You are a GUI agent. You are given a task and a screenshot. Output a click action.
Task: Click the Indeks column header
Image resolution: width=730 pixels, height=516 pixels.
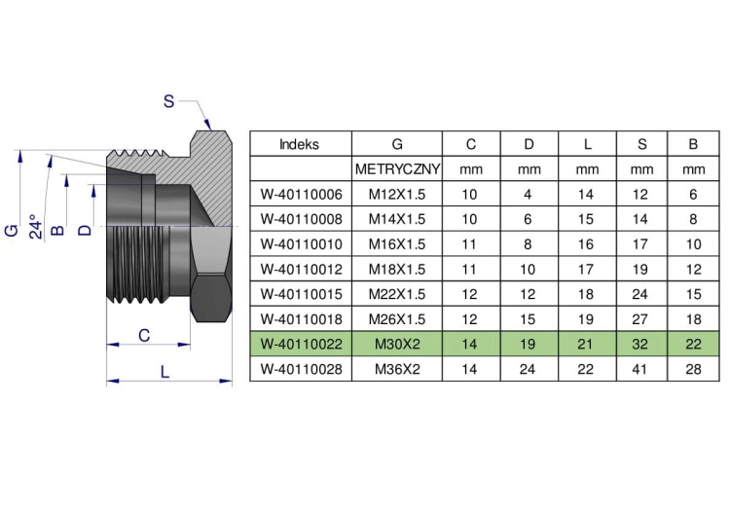point(300,144)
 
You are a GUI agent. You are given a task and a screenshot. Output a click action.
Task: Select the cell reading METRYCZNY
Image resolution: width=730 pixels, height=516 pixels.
point(397,169)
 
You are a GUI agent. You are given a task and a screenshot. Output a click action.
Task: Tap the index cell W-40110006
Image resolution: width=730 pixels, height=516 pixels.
point(301,194)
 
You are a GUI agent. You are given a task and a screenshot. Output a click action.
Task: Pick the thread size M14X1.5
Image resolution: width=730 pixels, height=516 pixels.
point(397,219)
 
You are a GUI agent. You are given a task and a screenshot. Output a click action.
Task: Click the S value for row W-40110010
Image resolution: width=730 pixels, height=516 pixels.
point(640,244)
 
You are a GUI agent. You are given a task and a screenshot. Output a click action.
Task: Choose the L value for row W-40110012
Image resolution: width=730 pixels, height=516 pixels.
point(586,269)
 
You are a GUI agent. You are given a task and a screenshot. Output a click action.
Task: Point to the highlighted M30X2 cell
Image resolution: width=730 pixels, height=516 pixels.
point(397,344)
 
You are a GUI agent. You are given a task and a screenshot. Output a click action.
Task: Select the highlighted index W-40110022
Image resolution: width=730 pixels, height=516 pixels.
point(301,344)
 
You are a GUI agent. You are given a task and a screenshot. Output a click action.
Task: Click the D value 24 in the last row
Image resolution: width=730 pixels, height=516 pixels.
point(528,369)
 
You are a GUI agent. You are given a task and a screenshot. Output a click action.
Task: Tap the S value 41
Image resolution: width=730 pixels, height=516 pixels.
point(640,369)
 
